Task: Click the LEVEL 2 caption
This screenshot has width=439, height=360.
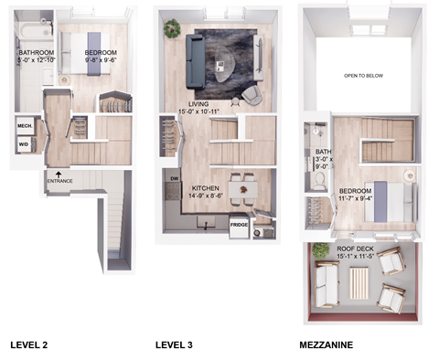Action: (30, 345)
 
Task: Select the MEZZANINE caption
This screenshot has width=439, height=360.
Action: (327, 345)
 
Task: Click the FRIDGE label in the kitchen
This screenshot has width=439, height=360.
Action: (239, 225)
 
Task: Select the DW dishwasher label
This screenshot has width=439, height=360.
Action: (175, 180)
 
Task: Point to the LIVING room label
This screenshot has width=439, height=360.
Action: (199, 104)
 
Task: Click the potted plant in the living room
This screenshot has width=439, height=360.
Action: (172, 27)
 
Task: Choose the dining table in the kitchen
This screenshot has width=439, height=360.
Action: (242, 190)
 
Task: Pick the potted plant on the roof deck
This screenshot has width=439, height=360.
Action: (320, 249)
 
